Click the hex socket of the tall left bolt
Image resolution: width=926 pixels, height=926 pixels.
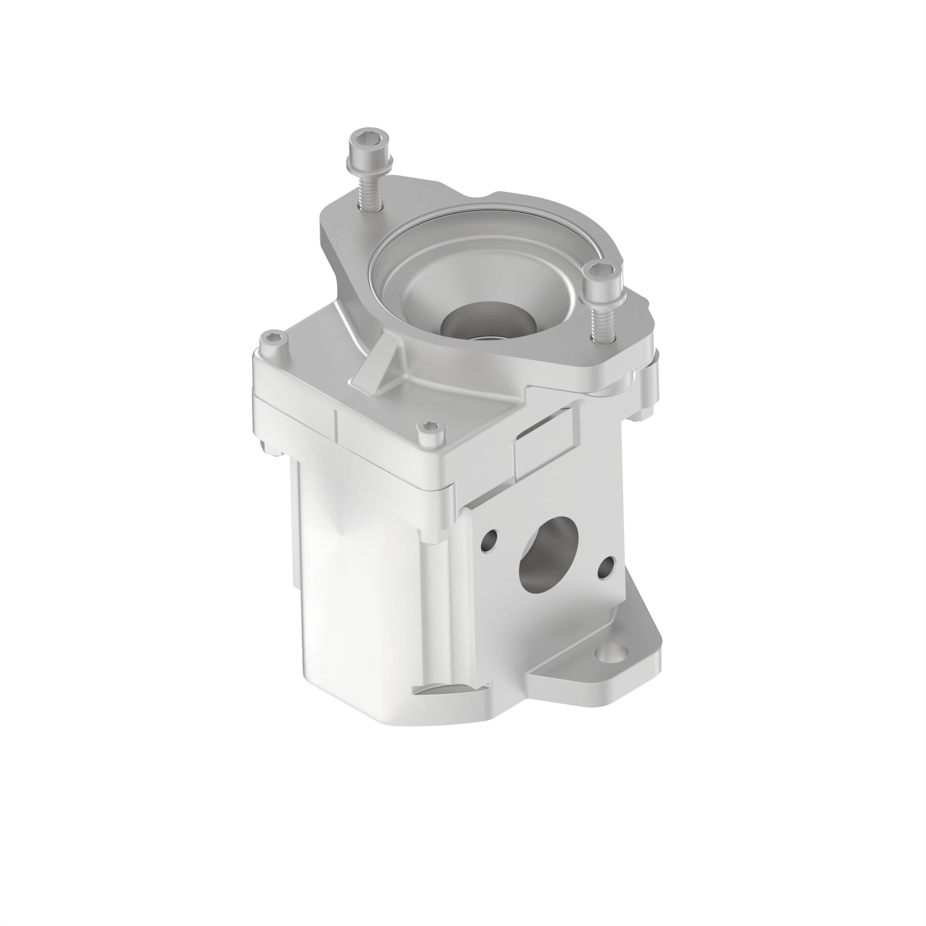[366, 139]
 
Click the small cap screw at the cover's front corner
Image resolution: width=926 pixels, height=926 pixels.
[426, 426]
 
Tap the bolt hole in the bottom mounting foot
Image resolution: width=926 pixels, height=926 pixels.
[612, 652]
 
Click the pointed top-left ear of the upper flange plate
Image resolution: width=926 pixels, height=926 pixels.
[336, 211]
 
